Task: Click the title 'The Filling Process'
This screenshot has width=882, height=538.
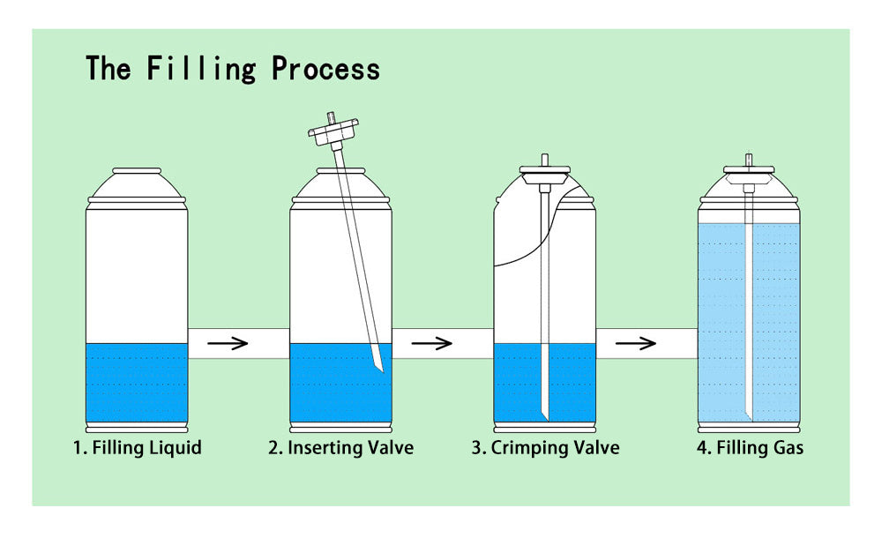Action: tap(233, 69)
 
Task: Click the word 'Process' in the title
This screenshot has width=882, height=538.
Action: tap(325, 69)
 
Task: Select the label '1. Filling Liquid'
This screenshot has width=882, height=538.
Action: tap(137, 448)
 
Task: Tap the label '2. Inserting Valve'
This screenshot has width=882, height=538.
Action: tap(340, 448)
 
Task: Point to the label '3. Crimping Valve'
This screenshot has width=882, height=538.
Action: tap(545, 448)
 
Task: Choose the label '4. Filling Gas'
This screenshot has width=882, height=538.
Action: tap(750, 448)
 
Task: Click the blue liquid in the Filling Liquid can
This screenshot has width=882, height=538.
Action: tap(137, 384)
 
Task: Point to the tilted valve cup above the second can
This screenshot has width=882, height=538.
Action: tap(331, 133)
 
